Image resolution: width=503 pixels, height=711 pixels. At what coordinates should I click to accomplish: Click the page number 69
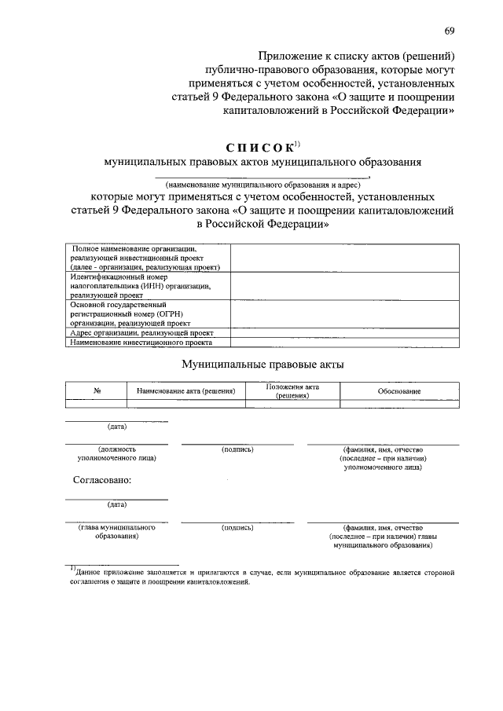point(448,31)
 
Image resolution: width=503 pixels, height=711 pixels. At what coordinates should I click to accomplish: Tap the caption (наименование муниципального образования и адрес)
point(263,185)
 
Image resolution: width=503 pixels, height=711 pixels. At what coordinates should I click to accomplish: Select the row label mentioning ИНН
point(140,287)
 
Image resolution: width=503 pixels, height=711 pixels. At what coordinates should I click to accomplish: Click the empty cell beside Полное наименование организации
point(344,258)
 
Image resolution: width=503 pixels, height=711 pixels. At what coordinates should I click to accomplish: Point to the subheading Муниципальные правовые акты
point(263,365)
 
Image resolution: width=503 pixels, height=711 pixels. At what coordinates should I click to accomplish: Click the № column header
point(95,391)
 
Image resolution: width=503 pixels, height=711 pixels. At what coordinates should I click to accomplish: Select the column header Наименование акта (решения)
point(186,391)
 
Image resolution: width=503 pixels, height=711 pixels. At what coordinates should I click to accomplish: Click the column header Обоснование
point(398,391)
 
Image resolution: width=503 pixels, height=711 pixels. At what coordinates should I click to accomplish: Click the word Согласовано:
point(102,479)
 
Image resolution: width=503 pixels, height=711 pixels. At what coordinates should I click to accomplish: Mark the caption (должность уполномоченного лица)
point(116,453)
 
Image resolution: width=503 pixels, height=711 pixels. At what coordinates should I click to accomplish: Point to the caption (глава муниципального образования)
point(116,533)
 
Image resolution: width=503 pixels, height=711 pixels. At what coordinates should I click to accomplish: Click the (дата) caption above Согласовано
point(117,427)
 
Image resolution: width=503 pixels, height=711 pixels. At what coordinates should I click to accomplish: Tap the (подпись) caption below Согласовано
point(237,528)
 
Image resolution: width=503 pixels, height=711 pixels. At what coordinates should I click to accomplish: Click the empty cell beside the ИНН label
point(344,286)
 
